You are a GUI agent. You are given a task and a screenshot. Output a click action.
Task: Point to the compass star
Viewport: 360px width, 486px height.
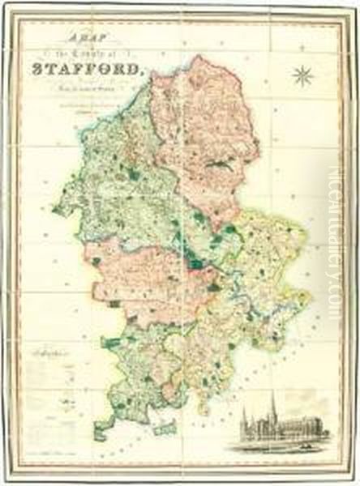coord(303,76)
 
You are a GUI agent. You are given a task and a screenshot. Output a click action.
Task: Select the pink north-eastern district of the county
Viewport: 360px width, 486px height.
coord(203,130)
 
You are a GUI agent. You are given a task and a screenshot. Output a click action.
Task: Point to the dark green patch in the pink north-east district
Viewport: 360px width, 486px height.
coord(217,164)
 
